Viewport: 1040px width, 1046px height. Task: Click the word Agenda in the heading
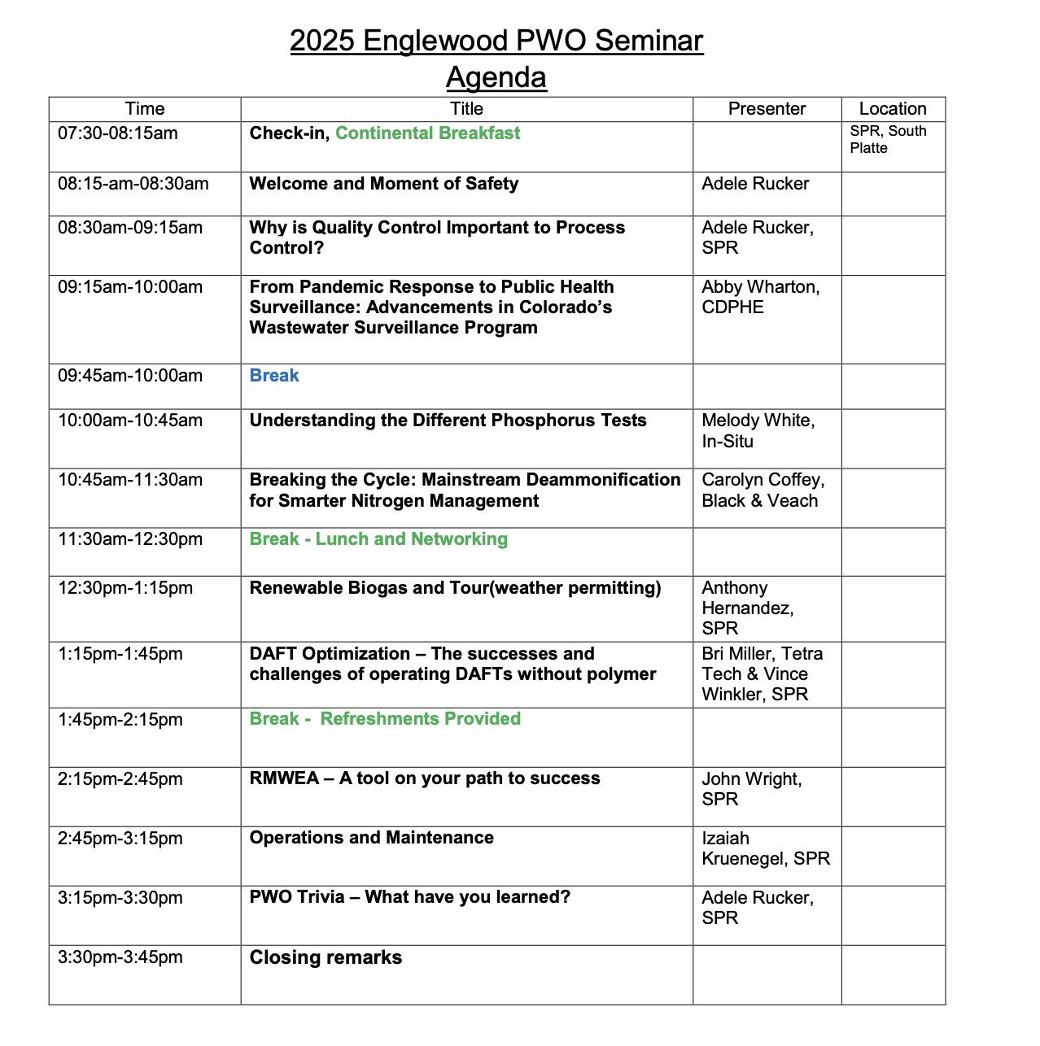point(496,77)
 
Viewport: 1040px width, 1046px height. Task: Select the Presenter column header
point(767,109)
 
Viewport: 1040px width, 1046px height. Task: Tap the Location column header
point(893,109)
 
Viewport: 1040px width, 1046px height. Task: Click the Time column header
point(145,109)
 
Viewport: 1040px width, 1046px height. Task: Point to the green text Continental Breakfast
point(427,133)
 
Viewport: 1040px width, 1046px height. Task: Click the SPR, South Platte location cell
point(888,140)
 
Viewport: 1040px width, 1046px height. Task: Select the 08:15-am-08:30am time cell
point(133,184)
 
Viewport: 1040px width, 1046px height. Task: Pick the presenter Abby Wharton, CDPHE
point(760,297)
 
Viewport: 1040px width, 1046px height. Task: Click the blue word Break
point(274,376)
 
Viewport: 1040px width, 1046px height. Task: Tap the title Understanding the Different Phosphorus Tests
point(448,421)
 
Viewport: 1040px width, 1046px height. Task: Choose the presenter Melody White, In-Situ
point(758,431)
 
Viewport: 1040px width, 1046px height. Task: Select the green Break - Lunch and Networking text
point(378,539)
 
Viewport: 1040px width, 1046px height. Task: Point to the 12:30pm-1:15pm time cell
point(125,588)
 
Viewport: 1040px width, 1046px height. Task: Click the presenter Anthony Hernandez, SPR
point(747,608)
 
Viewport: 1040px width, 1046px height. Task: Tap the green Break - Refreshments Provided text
point(385,719)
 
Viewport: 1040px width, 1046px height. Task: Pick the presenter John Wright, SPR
point(751,789)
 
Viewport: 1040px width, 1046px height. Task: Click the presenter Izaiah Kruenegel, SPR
point(765,848)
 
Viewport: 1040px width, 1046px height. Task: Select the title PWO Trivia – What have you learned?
point(409,897)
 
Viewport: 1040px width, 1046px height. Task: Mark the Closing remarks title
point(326,957)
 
